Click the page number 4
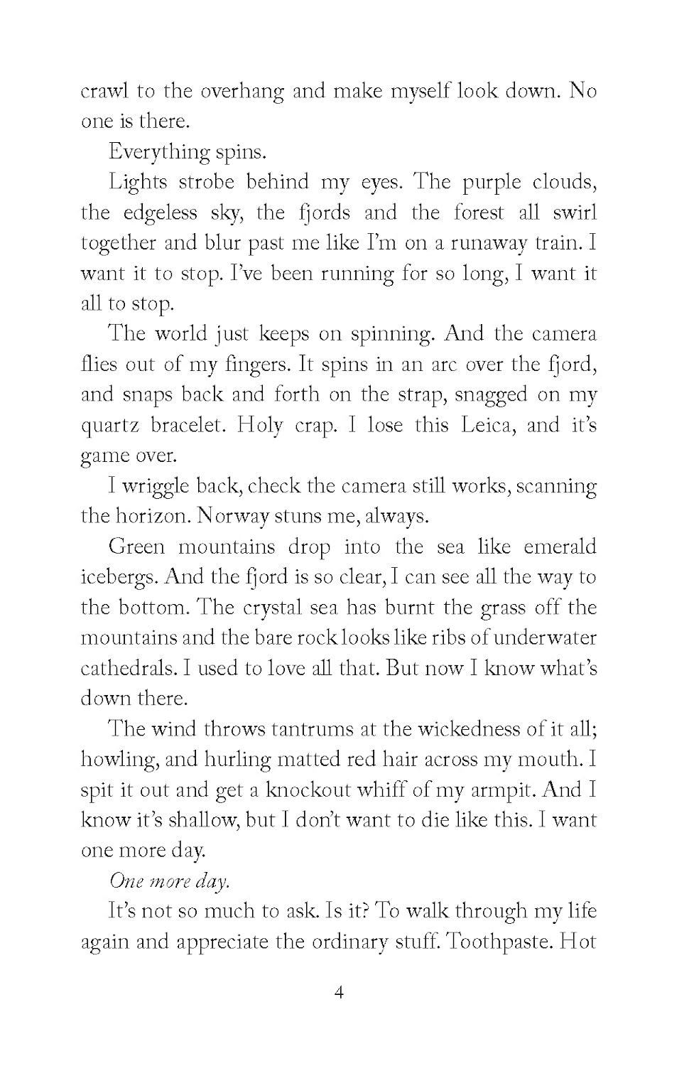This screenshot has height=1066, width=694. click(339, 993)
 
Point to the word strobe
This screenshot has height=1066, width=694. click(207, 183)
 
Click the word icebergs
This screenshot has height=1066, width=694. click(119, 577)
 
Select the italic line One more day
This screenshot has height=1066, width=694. click(169, 881)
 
